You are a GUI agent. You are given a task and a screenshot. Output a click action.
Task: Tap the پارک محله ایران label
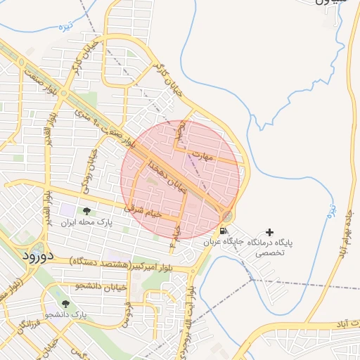point(86,222)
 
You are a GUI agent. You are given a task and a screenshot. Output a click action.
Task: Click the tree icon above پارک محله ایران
point(86,210)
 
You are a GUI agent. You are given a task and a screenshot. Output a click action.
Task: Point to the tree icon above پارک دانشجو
point(65,304)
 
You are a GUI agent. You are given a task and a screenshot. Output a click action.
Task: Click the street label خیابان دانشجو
point(103,285)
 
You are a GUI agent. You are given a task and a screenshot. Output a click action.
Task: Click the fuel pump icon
point(223,230)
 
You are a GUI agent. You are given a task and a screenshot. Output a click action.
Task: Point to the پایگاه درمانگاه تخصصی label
point(269,246)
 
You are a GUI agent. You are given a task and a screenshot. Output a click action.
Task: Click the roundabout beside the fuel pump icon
point(227,215)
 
